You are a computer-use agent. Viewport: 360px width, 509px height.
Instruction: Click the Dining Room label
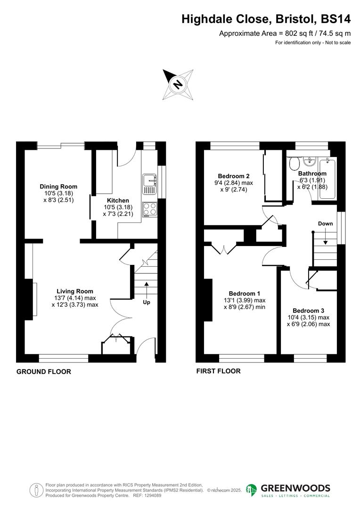pyautogui.click(x=58, y=187)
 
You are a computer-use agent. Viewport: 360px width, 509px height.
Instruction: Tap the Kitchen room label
pyautogui.click(x=117, y=201)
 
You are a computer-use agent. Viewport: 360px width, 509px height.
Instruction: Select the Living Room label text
pyautogui.click(x=75, y=291)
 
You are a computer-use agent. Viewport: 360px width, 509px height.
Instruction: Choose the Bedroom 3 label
pyautogui.click(x=308, y=311)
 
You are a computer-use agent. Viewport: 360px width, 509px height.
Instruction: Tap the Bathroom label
pyautogui.click(x=312, y=173)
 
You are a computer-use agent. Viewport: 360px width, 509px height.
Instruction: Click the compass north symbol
pyautogui.click(x=178, y=84)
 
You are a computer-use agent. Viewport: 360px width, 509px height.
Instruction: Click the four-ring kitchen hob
pyautogui.click(x=150, y=208)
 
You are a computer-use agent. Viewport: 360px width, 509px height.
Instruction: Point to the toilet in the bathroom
pyautogui.click(x=295, y=164)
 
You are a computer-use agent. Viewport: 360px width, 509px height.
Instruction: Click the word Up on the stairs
pyautogui.click(x=147, y=302)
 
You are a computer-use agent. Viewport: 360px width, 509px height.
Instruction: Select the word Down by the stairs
pyautogui.click(x=326, y=223)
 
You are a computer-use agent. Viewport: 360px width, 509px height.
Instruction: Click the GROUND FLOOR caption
pyautogui.click(x=44, y=372)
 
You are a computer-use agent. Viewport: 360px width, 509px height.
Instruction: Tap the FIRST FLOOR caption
pyautogui.click(x=218, y=371)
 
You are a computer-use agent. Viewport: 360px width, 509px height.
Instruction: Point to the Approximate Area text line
pyautogui.click(x=285, y=33)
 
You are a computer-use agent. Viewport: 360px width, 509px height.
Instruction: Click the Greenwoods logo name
pyautogui.click(x=295, y=488)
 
